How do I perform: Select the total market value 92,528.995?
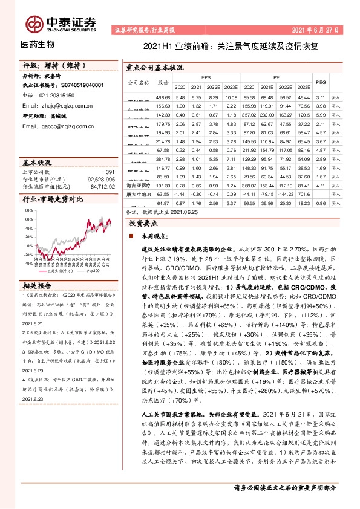(x=97, y=180)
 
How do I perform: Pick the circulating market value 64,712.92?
(x=99, y=187)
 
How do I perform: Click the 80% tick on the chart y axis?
(x=29, y=210)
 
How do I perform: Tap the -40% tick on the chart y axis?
(x=28, y=264)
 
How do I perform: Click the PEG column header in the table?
(x=321, y=82)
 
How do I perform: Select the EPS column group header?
(x=206, y=77)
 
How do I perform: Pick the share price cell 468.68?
(x=163, y=97)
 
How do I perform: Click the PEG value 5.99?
(x=321, y=114)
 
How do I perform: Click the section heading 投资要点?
(x=145, y=222)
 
